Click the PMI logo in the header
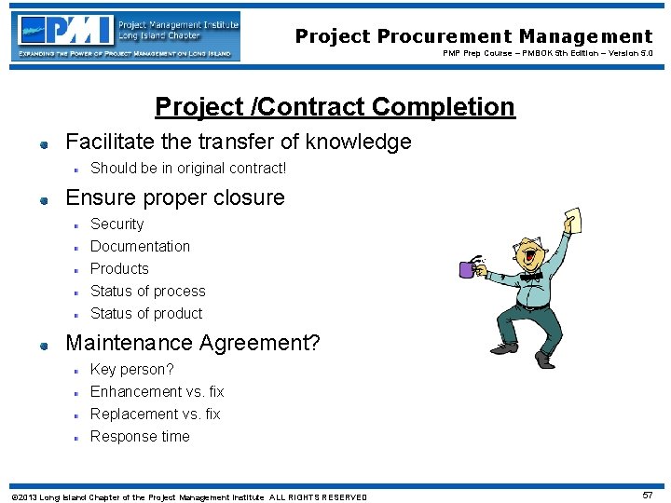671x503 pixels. pos(127,35)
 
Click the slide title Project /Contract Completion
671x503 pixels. pos(335,107)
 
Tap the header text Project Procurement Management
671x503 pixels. pos(473,36)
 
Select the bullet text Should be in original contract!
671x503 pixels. pos(188,169)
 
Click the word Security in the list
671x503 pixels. pos(116,224)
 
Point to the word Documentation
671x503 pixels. pos(140,247)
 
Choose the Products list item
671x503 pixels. pos(119,269)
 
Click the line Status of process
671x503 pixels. pos(147,292)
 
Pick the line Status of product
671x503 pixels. pos(146,314)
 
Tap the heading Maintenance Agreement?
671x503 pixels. pos(192,343)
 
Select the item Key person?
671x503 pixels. pos(131,370)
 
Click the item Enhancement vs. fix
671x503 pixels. pos(157,392)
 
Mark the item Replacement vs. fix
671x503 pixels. pos(155,415)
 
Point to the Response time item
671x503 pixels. pos(140,437)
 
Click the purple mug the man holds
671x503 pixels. pos(467,269)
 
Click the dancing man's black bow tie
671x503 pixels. pos(531,276)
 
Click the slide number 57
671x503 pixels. pos(648,495)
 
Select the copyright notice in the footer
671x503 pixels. pos(188,496)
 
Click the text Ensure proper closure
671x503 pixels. pos(174,198)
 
